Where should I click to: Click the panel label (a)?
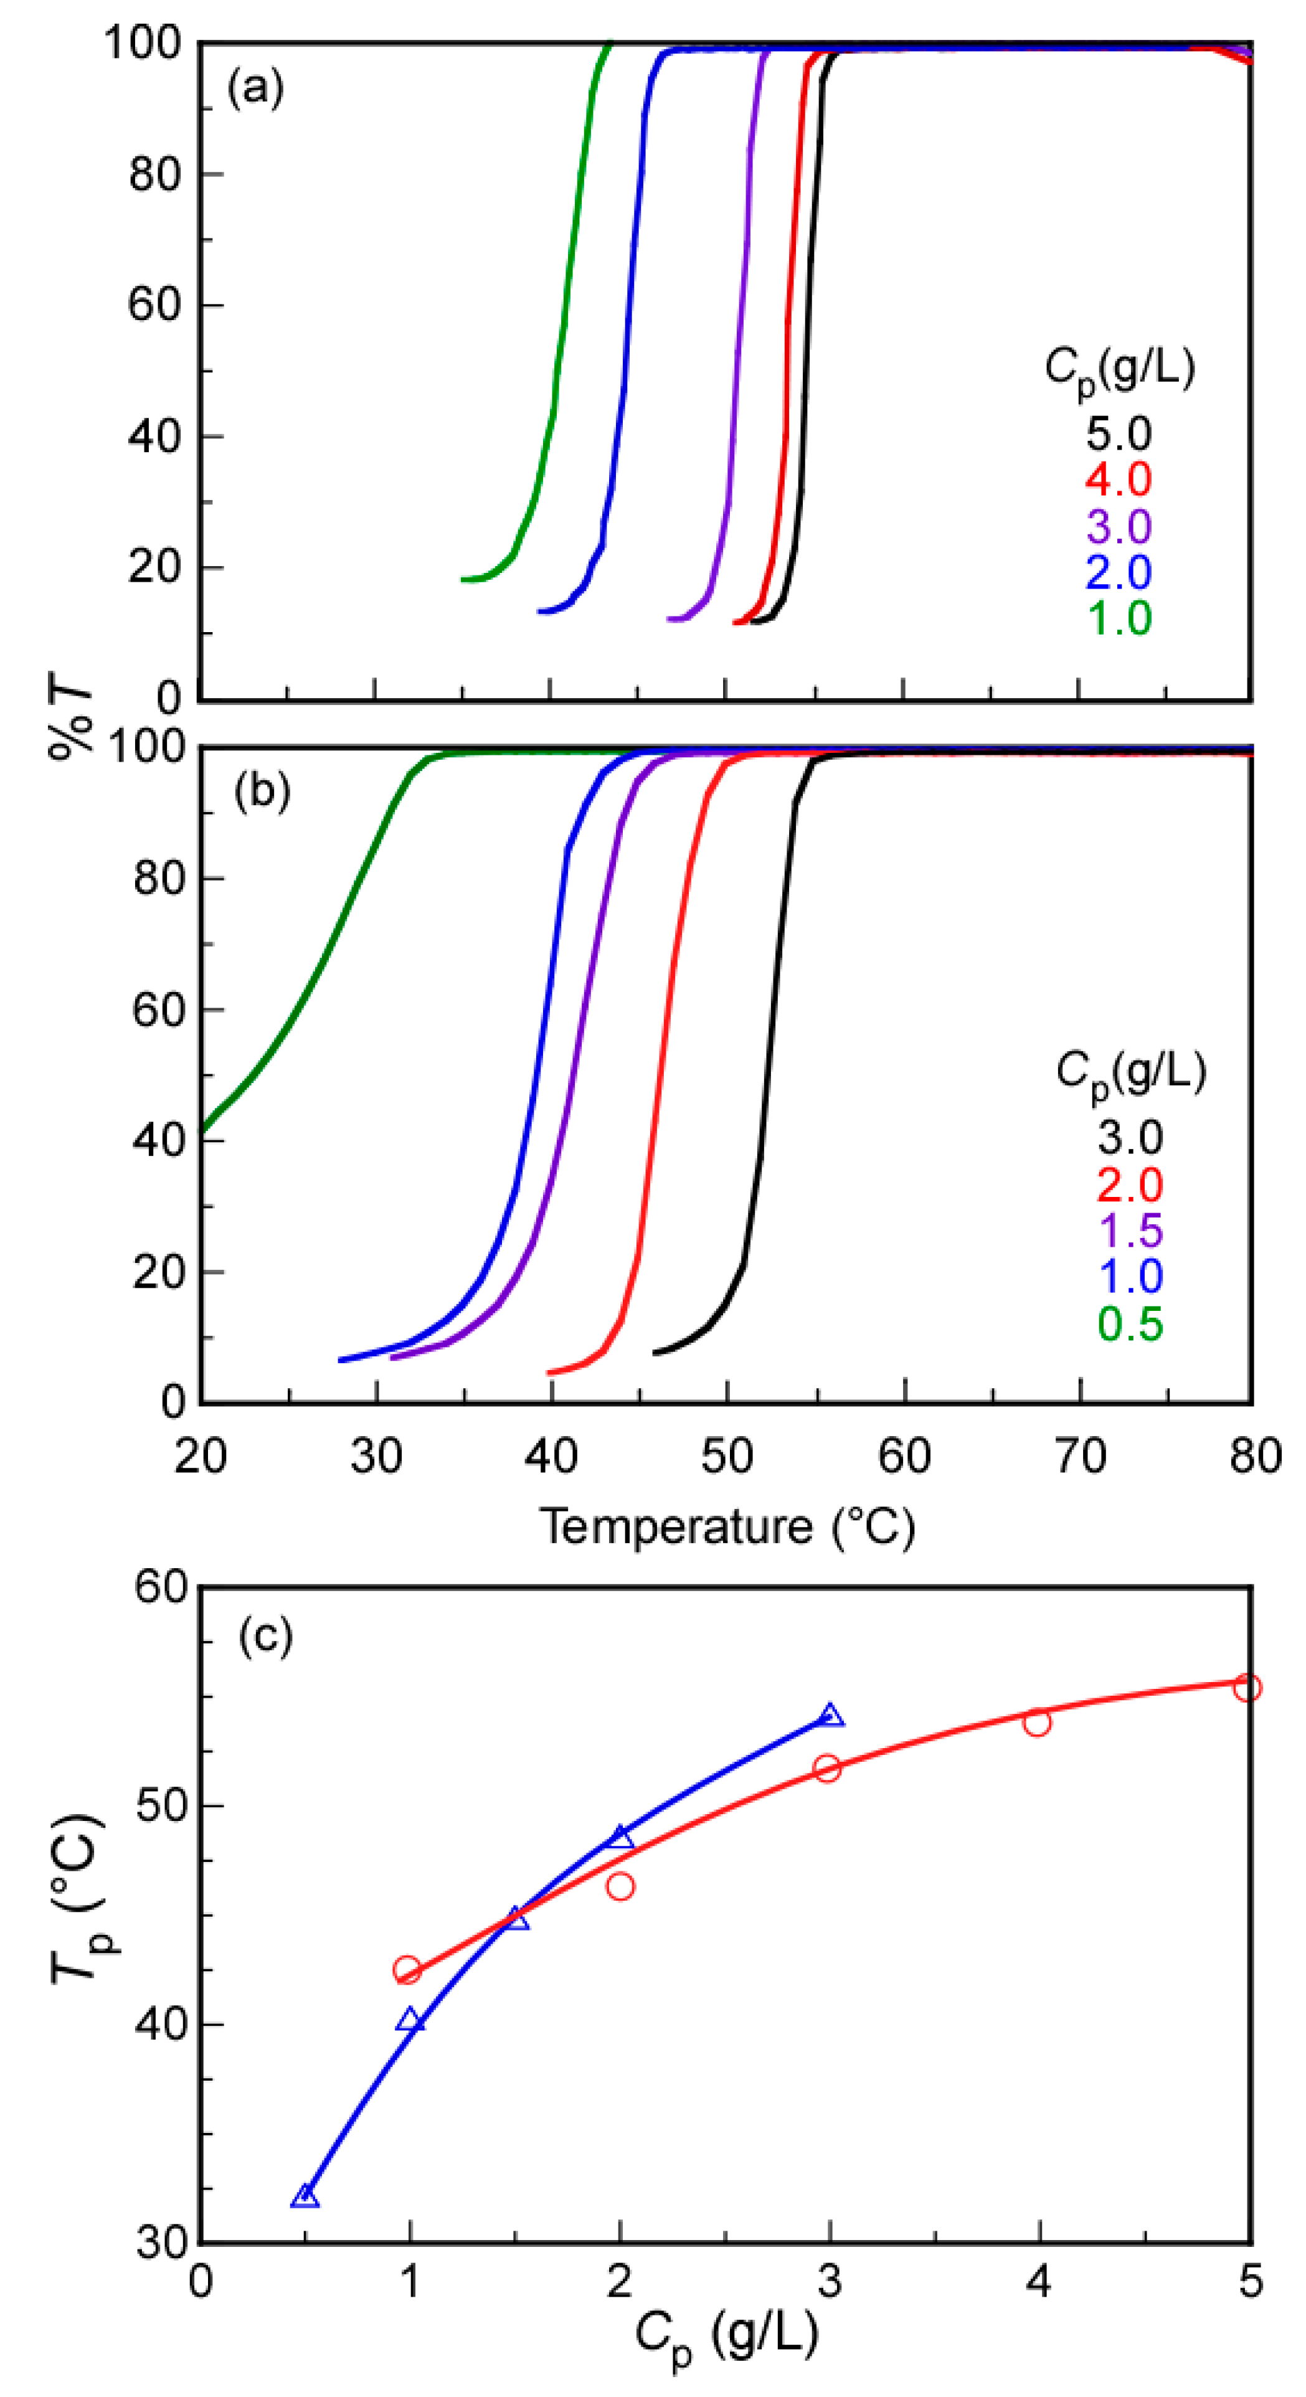tap(255, 89)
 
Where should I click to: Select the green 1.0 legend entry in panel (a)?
tap(1119, 618)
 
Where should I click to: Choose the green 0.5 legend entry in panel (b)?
tap(1130, 1323)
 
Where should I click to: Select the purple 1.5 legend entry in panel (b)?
tap(1130, 1230)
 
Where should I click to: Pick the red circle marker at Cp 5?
tap(1247, 1687)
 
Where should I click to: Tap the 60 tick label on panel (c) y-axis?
tap(160, 1587)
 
